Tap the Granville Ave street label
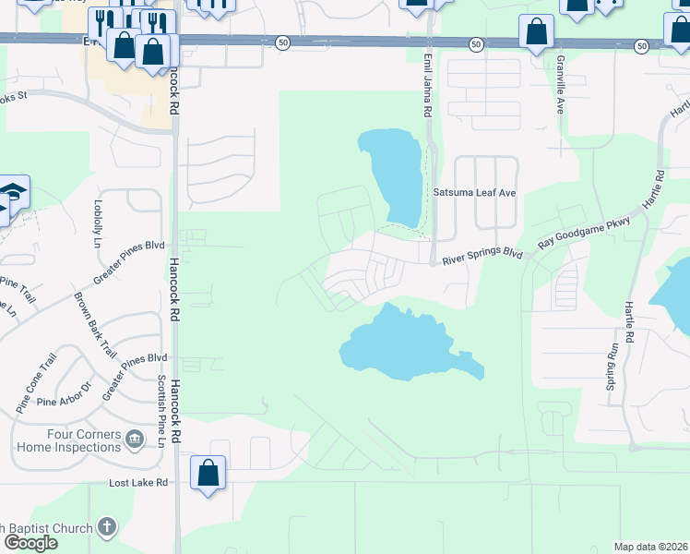click(x=560, y=83)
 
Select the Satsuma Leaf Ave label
click(x=474, y=192)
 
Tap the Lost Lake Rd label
click(x=138, y=482)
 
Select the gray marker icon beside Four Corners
click(x=135, y=437)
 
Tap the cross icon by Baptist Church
click(x=107, y=528)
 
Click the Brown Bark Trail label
click(x=95, y=326)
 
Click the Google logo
click(x=30, y=543)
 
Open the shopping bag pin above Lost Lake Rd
click(x=208, y=473)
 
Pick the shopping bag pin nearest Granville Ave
click(x=536, y=32)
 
